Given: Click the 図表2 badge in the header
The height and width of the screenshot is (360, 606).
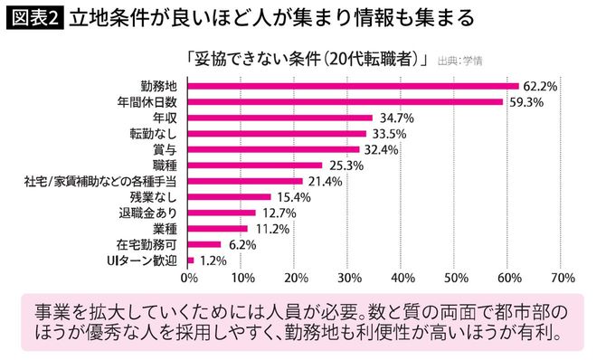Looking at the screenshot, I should (x=33, y=17).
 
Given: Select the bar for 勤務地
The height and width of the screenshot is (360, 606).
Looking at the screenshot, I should (x=353, y=86).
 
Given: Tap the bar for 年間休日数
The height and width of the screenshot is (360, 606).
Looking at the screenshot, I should (x=346, y=101).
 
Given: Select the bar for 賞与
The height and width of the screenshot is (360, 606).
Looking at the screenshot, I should (x=274, y=149).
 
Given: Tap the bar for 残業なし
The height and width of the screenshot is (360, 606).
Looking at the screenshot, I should (x=230, y=196).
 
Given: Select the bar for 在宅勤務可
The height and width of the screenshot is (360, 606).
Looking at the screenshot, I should (x=204, y=244).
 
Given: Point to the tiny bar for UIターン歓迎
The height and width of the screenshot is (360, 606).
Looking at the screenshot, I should (x=191, y=260).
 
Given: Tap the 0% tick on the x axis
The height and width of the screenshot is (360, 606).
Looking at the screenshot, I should (x=189, y=278).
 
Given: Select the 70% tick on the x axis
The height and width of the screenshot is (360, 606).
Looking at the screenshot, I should (x=562, y=278).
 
